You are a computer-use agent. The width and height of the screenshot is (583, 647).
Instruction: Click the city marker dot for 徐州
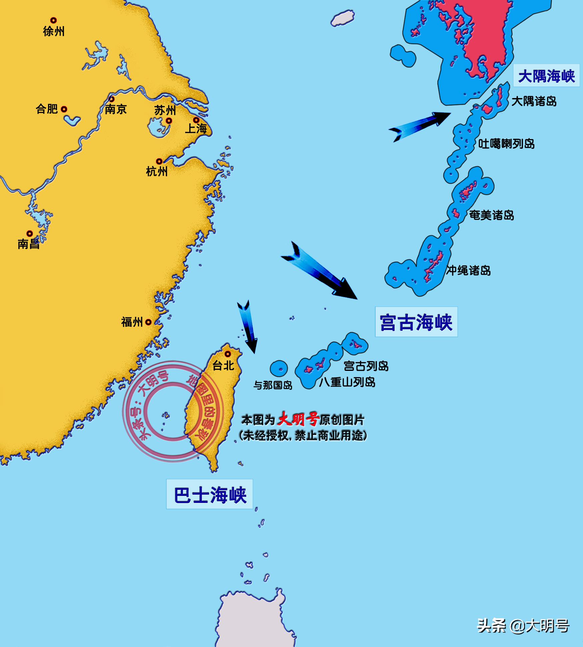(53, 21)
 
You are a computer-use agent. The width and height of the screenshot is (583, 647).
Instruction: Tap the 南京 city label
(116, 109)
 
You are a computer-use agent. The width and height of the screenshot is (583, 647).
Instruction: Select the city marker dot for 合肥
(64, 109)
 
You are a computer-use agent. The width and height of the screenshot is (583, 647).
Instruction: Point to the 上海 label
(196, 128)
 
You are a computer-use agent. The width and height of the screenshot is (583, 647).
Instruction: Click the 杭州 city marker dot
(159, 161)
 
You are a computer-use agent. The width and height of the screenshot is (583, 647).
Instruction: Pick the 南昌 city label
(29, 244)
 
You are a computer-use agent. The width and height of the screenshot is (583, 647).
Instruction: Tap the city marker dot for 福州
(148, 322)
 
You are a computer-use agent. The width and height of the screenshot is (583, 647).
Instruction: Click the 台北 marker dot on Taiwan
(228, 354)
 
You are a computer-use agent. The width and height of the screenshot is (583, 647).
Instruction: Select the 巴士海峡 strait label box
(210, 495)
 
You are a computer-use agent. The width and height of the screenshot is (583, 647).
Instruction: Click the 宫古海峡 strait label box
(416, 322)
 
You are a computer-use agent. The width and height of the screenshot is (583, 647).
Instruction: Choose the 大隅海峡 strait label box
(546, 76)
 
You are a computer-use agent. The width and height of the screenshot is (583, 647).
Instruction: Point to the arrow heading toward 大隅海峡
(420, 126)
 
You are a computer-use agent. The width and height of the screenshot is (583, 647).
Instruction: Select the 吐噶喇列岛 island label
(506, 144)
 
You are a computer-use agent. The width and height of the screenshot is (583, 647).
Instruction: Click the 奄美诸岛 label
(492, 215)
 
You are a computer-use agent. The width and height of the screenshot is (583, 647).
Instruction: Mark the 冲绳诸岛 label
(469, 270)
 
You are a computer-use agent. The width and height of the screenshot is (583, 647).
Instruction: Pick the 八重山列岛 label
(347, 382)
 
